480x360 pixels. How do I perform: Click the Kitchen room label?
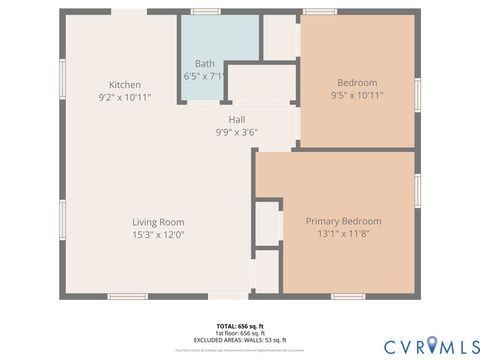click(x=125, y=84)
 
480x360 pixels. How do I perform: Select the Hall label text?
click(x=237, y=119)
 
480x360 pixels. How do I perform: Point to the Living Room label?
click(x=158, y=222)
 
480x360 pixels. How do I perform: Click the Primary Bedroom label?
click(x=343, y=221)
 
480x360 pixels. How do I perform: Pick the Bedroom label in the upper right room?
click(x=357, y=82)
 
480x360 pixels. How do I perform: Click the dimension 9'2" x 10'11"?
click(x=125, y=97)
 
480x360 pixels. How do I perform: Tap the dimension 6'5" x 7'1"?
click(x=205, y=75)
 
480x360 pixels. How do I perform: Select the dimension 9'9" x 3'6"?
click(x=237, y=131)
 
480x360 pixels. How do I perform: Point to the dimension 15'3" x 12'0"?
click(x=158, y=234)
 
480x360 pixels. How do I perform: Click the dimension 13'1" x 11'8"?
click(x=343, y=234)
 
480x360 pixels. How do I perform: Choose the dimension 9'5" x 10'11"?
click(x=357, y=95)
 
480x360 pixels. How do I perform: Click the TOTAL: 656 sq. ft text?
click(x=240, y=327)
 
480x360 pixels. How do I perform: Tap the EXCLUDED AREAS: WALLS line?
click(x=240, y=341)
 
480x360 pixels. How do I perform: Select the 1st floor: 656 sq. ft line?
click(x=240, y=334)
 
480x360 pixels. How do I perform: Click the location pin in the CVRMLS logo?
click(x=432, y=344)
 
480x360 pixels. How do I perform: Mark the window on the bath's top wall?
click(x=206, y=12)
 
